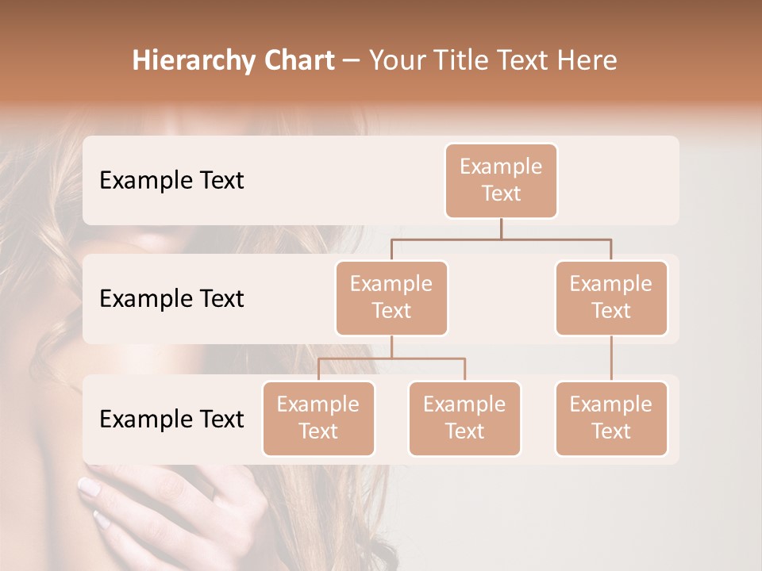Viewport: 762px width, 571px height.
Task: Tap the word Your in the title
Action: click(397, 61)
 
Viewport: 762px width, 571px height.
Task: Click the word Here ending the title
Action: click(587, 61)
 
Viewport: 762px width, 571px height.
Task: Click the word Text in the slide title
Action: click(522, 61)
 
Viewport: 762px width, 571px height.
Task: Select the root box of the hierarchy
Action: click(501, 180)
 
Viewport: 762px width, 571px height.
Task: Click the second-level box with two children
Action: click(391, 297)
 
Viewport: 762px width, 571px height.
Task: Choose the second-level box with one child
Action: click(611, 297)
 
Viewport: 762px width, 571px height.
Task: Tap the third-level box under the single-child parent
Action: click(611, 418)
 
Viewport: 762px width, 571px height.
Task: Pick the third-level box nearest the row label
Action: click(318, 418)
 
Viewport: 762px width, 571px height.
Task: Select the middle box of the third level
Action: click(464, 418)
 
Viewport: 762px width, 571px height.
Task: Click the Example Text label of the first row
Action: click(171, 180)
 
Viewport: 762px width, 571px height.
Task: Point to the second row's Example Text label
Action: click(171, 298)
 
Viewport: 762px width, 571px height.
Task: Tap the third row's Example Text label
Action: click(171, 419)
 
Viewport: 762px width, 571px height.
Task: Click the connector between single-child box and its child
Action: click(611, 358)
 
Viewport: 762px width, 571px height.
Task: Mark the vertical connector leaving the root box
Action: click(501, 228)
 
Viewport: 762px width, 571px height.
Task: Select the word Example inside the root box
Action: click(501, 167)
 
